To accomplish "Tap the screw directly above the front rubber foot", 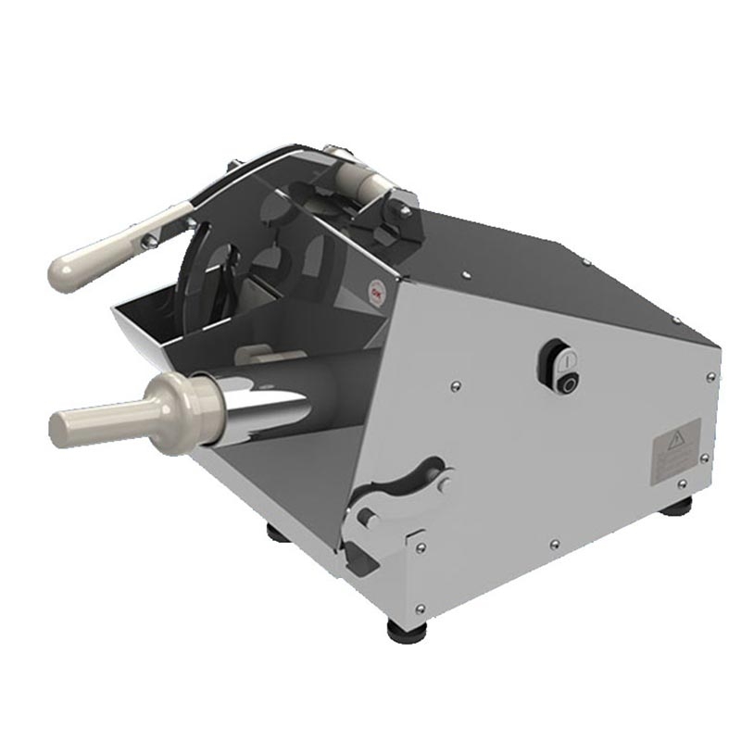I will tap(421, 608).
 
